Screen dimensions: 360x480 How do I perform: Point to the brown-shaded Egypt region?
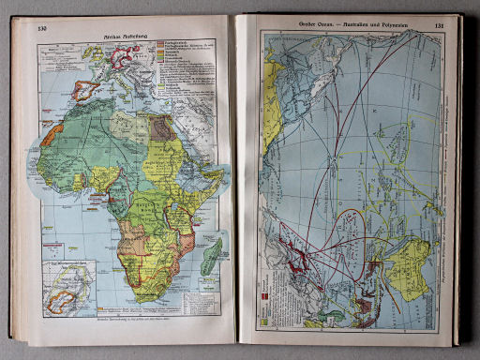(x=162, y=127)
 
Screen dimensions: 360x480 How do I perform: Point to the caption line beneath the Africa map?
(x=131, y=335)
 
